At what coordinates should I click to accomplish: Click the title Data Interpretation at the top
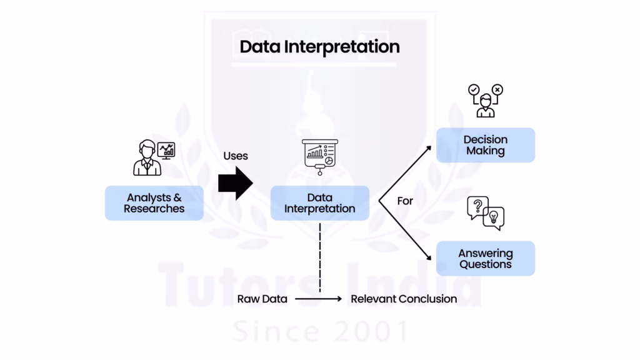[319, 47]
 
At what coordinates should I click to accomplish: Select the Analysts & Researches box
[154, 203]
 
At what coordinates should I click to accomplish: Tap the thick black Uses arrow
[235, 183]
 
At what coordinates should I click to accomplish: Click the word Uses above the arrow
[236, 156]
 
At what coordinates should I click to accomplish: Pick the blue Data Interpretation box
[319, 203]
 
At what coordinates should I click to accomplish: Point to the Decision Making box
[485, 145]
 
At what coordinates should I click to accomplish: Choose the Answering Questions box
[485, 258]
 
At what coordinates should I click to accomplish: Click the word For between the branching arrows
[405, 201]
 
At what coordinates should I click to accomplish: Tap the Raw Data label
[262, 299]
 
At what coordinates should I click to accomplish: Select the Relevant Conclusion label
[404, 299]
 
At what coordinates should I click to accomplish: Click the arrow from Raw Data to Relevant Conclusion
[319, 299]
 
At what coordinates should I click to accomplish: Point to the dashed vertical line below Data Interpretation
[319, 256]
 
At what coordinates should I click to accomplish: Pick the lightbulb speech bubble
[494, 217]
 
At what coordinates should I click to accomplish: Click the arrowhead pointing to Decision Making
[429, 147]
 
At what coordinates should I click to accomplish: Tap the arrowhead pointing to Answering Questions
[429, 257]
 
